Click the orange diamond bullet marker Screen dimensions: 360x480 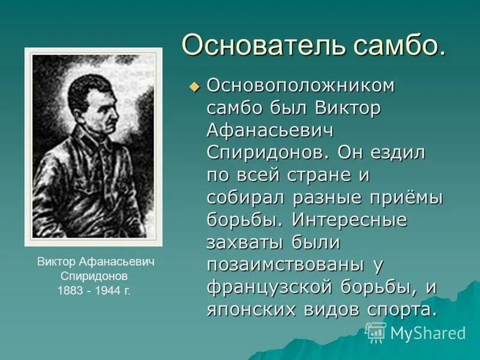tap(193, 88)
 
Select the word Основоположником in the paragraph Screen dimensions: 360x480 tap(301, 86)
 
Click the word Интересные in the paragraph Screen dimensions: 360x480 tap(350, 220)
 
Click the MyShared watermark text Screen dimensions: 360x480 tap(428, 333)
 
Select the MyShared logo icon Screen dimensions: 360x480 tap(376, 332)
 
